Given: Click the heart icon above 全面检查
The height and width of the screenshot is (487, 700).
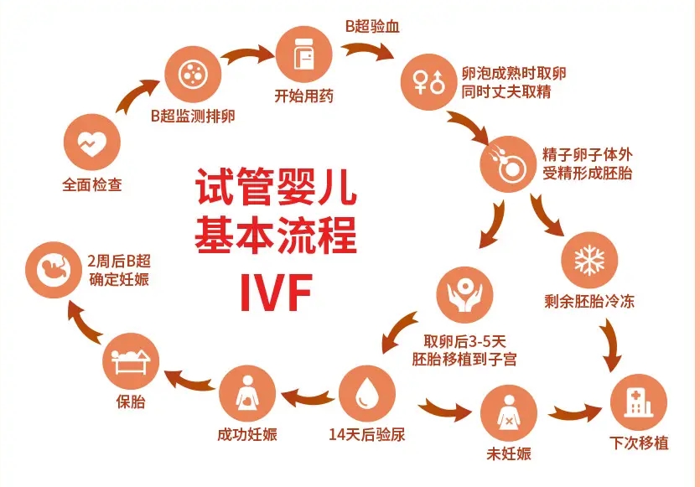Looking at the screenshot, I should tap(91, 143).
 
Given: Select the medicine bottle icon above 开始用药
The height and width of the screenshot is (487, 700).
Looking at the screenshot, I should tap(303, 54).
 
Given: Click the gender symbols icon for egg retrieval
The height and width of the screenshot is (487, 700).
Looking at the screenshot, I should tap(428, 82).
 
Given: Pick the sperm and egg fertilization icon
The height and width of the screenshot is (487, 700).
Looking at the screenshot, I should tap(507, 163).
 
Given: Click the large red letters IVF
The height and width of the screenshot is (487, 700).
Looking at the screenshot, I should tap(276, 289).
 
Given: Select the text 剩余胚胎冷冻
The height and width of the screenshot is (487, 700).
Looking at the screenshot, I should tap(589, 301).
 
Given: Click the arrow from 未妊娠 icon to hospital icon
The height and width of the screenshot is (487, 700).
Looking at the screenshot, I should tap(576, 413).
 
